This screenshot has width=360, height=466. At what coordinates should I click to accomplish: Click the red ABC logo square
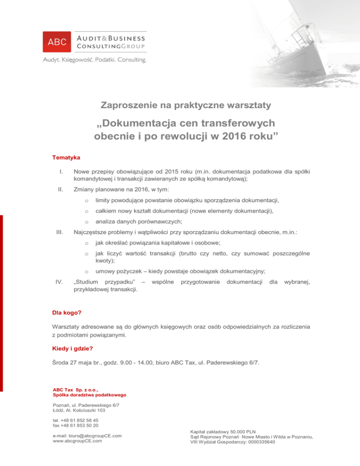pos(57,42)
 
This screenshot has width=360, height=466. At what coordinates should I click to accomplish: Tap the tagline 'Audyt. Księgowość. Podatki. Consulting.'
pos(94,60)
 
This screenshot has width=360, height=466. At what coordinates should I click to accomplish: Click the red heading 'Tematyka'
pos(66,158)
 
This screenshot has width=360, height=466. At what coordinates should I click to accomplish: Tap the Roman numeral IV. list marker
pos(60,282)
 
